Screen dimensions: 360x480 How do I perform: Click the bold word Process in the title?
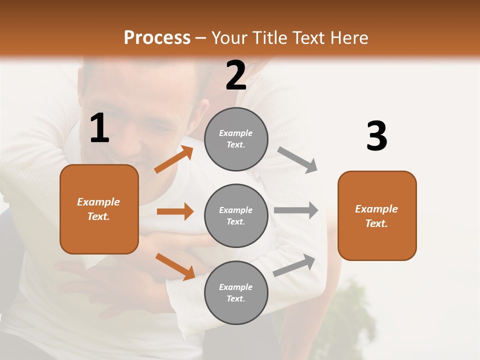157,38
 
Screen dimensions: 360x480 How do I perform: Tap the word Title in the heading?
269,38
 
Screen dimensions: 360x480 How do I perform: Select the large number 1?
99,128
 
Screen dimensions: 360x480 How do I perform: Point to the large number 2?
236,75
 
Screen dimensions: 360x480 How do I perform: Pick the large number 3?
376,136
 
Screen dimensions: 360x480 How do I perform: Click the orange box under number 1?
99,209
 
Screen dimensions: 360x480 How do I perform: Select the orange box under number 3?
377,215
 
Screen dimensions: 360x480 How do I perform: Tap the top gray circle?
236,139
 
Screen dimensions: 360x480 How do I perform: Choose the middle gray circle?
236,215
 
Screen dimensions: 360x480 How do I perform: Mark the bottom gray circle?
236,292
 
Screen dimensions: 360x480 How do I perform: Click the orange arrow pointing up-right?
174,159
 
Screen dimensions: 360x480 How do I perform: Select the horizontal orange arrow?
175,211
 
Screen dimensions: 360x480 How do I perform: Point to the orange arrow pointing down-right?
175,266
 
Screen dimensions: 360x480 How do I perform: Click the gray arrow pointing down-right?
298,159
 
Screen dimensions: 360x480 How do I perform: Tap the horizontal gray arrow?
295,210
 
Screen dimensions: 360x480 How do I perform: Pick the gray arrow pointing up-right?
294,265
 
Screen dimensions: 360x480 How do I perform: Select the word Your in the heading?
229,38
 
